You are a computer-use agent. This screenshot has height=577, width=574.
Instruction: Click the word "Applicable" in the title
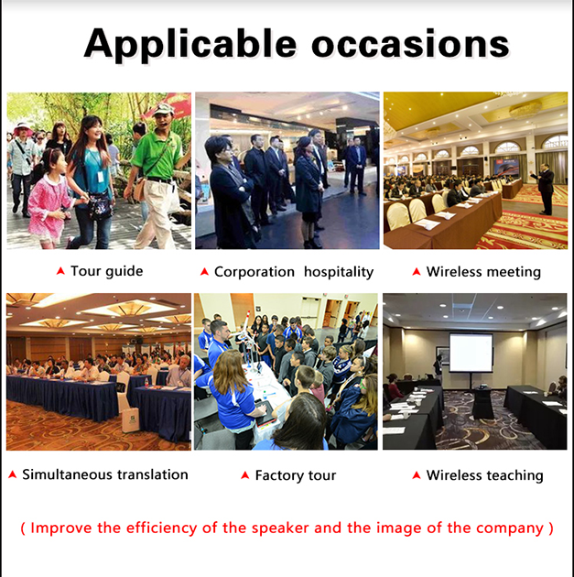click(190, 44)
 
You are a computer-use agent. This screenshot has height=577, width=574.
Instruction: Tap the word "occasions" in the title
click(410, 43)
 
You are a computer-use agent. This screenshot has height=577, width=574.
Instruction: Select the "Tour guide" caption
click(106, 272)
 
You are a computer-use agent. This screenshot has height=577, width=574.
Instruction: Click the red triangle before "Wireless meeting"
click(417, 272)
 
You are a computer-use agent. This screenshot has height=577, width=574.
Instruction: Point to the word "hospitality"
click(339, 272)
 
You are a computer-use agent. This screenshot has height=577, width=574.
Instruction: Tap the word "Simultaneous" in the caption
click(68, 474)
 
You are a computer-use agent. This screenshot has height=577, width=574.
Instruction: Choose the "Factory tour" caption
click(296, 475)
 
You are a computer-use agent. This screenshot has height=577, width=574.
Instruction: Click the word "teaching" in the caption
click(513, 475)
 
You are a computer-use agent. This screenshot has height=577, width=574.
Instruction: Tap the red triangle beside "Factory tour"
click(245, 475)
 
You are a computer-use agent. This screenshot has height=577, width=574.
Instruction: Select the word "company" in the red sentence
click(510, 528)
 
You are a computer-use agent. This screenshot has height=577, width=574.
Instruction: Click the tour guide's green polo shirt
click(159, 156)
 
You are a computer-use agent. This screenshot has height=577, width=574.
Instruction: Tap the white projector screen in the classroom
click(471, 353)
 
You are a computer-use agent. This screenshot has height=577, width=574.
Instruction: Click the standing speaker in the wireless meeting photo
click(545, 189)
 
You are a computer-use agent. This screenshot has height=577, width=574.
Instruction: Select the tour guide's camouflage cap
click(163, 110)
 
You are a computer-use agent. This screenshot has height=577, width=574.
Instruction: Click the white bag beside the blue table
click(131, 419)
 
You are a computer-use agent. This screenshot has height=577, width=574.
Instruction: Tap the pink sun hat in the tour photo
click(23, 128)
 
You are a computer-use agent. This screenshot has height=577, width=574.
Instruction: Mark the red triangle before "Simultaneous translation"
click(13, 474)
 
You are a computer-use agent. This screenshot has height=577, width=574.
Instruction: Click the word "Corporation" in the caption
click(255, 272)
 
